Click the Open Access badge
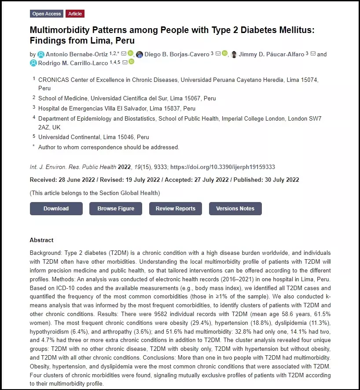pos(47,14)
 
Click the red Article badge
pos(75,14)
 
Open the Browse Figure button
pos(116,209)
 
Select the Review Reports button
pos(175,209)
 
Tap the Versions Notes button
pos(235,209)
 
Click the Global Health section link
pos(140,193)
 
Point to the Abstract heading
pos(41,240)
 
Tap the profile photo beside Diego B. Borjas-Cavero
pos(140,55)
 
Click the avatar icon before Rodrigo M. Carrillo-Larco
pos(33,63)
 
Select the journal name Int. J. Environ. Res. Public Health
pos(73,167)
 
